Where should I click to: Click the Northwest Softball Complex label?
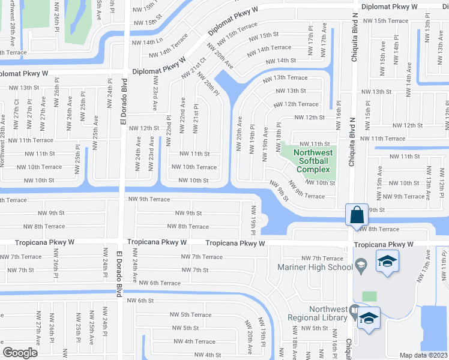pos(312,161)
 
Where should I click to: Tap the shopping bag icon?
pos(356,214)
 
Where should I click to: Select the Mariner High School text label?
pos(315,267)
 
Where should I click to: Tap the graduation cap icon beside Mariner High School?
pos(387,262)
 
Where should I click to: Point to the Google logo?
pos(20,353)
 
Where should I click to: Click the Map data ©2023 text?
pos(424,355)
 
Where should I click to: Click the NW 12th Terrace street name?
pos(296,104)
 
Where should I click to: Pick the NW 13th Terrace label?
pos(282,77)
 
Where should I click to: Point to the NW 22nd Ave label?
pos(183,115)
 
